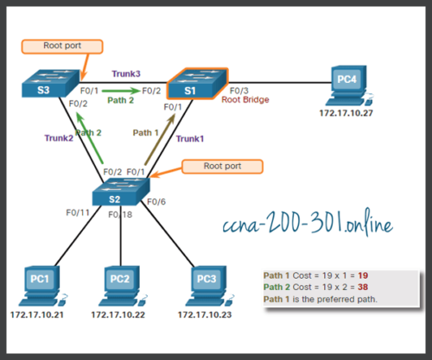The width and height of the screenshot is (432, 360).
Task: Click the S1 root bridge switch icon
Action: (196, 85)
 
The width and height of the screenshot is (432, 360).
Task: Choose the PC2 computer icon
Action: (121, 282)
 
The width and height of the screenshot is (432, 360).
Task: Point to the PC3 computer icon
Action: (206, 282)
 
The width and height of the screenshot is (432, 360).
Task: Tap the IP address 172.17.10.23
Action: (206, 315)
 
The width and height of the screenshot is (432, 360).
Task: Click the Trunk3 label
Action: (126, 74)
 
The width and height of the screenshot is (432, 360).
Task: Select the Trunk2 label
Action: (59, 136)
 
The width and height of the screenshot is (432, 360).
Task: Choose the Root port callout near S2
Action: (222, 163)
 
